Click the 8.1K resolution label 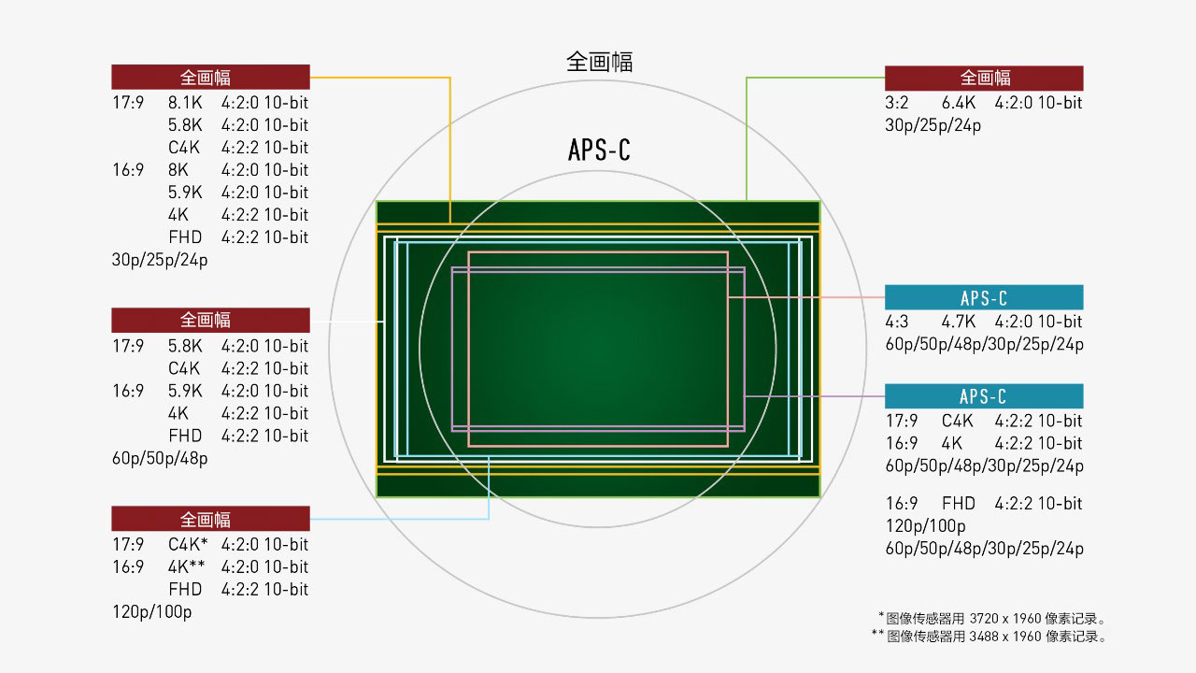click(x=185, y=103)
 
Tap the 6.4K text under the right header click(x=959, y=103)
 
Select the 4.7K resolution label click(x=959, y=322)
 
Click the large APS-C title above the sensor click(x=599, y=150)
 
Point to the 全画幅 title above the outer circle click(x=599, y=62)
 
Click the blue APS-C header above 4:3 click(x=984, y=297)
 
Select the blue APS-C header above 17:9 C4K click(x=984, y=396)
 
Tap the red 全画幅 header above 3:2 click(x=984, y=78)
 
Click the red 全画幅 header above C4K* click(x=210, y=519)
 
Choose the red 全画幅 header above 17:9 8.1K click(x=210, y=78)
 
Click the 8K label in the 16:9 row click(x=178, y=170)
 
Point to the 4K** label click(x=186, y=566)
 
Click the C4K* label click(x=188, y=544)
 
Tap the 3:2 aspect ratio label click(x=896, y=103)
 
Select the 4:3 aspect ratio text click(x=896, y=322)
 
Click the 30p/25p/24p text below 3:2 click(x=933, y=125)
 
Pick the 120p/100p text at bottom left click(x=151, y=611)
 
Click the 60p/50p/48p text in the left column click(x=160, y=458)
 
